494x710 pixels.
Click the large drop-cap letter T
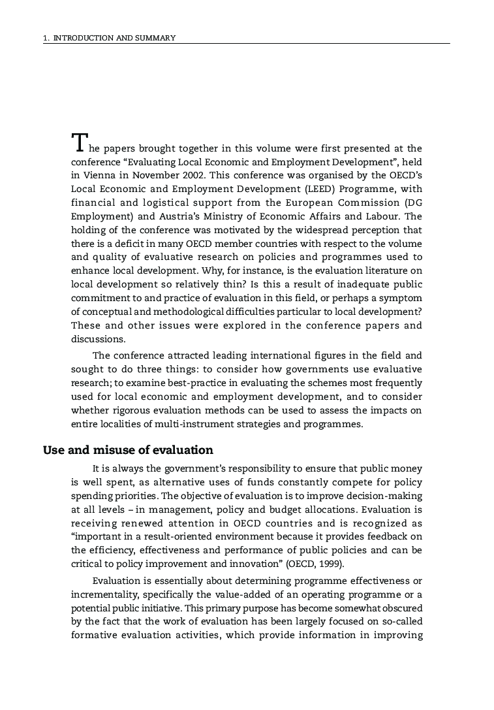pyautogui.click(x=78, y=142)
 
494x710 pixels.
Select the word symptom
pyautogui.click(x=403, y=299)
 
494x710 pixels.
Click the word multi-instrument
pyautogui.click(x=187, y=424)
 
